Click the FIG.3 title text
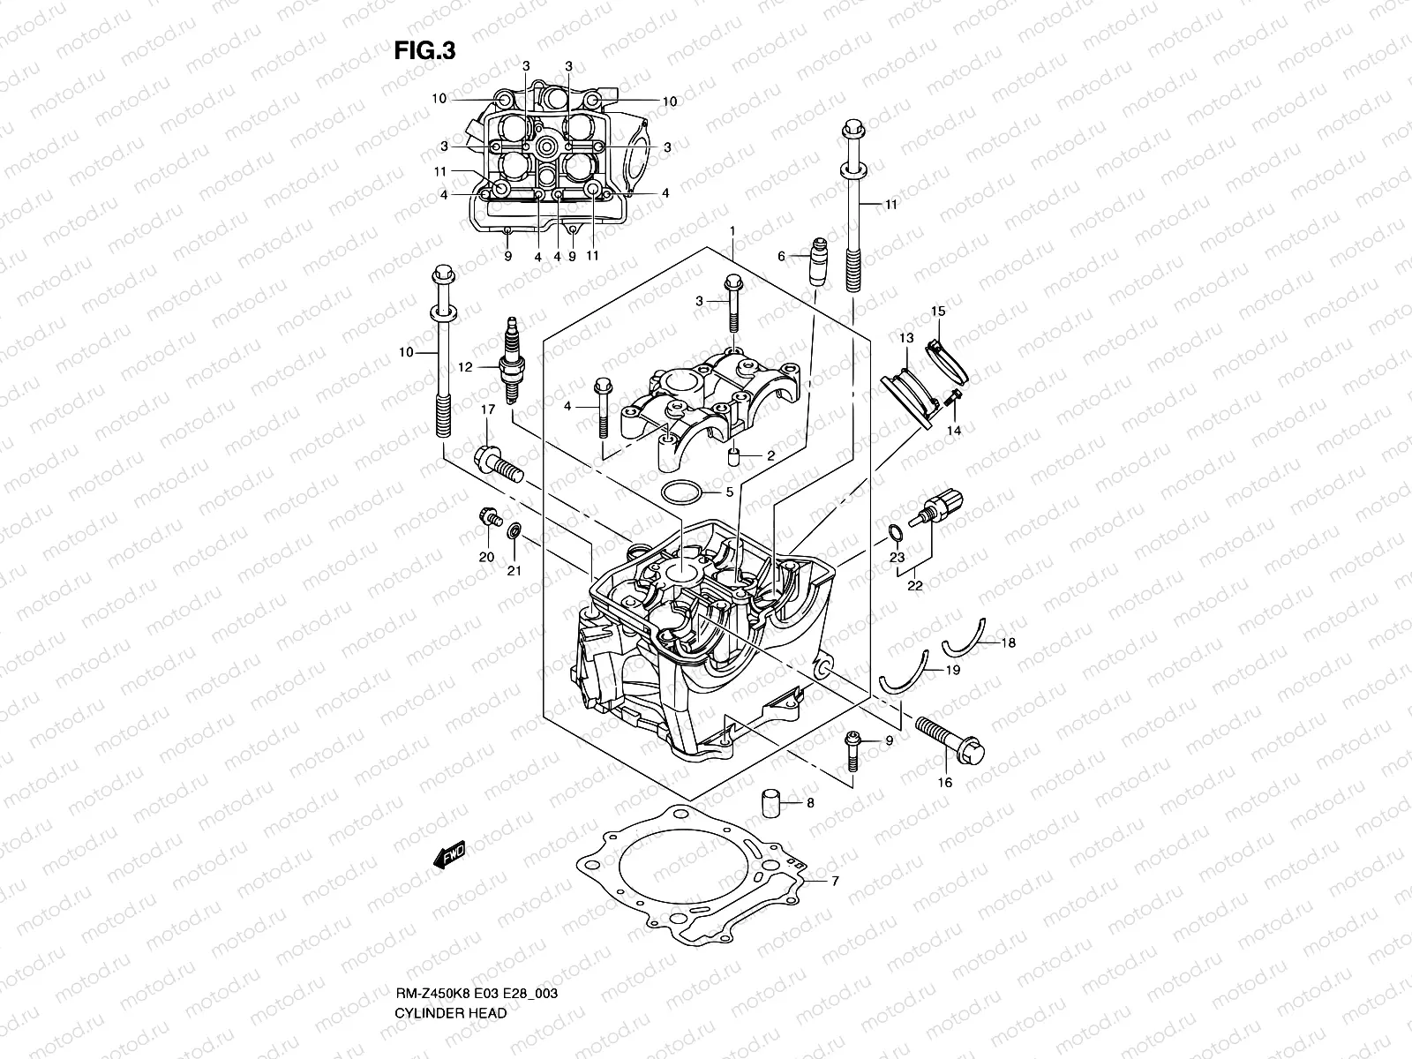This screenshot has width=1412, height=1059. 424,51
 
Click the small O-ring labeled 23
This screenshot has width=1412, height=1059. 894,533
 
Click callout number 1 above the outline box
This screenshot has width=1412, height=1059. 732,231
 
